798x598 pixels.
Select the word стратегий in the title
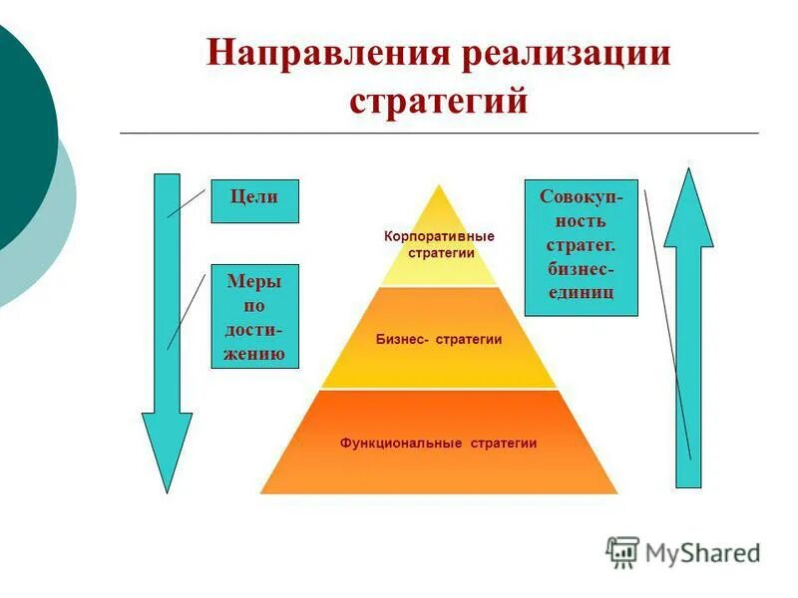tap(438, 101)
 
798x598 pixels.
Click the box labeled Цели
tap(254, 199)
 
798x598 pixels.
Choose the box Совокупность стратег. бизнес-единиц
tap(581, 246)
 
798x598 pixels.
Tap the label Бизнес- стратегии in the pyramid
tap(439, 340)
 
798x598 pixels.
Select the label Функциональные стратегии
tap(439, 444)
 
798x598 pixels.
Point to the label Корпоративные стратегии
tap(439, 244)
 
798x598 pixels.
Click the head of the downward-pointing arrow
tap(167, 448)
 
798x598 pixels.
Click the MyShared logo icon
tap(622, 551)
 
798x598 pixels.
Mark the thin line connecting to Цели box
tap(187, 201)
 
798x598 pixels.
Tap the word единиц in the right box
tap(581, 292)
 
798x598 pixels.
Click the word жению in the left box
tap(254, 353)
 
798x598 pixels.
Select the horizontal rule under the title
tap(438, 133)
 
